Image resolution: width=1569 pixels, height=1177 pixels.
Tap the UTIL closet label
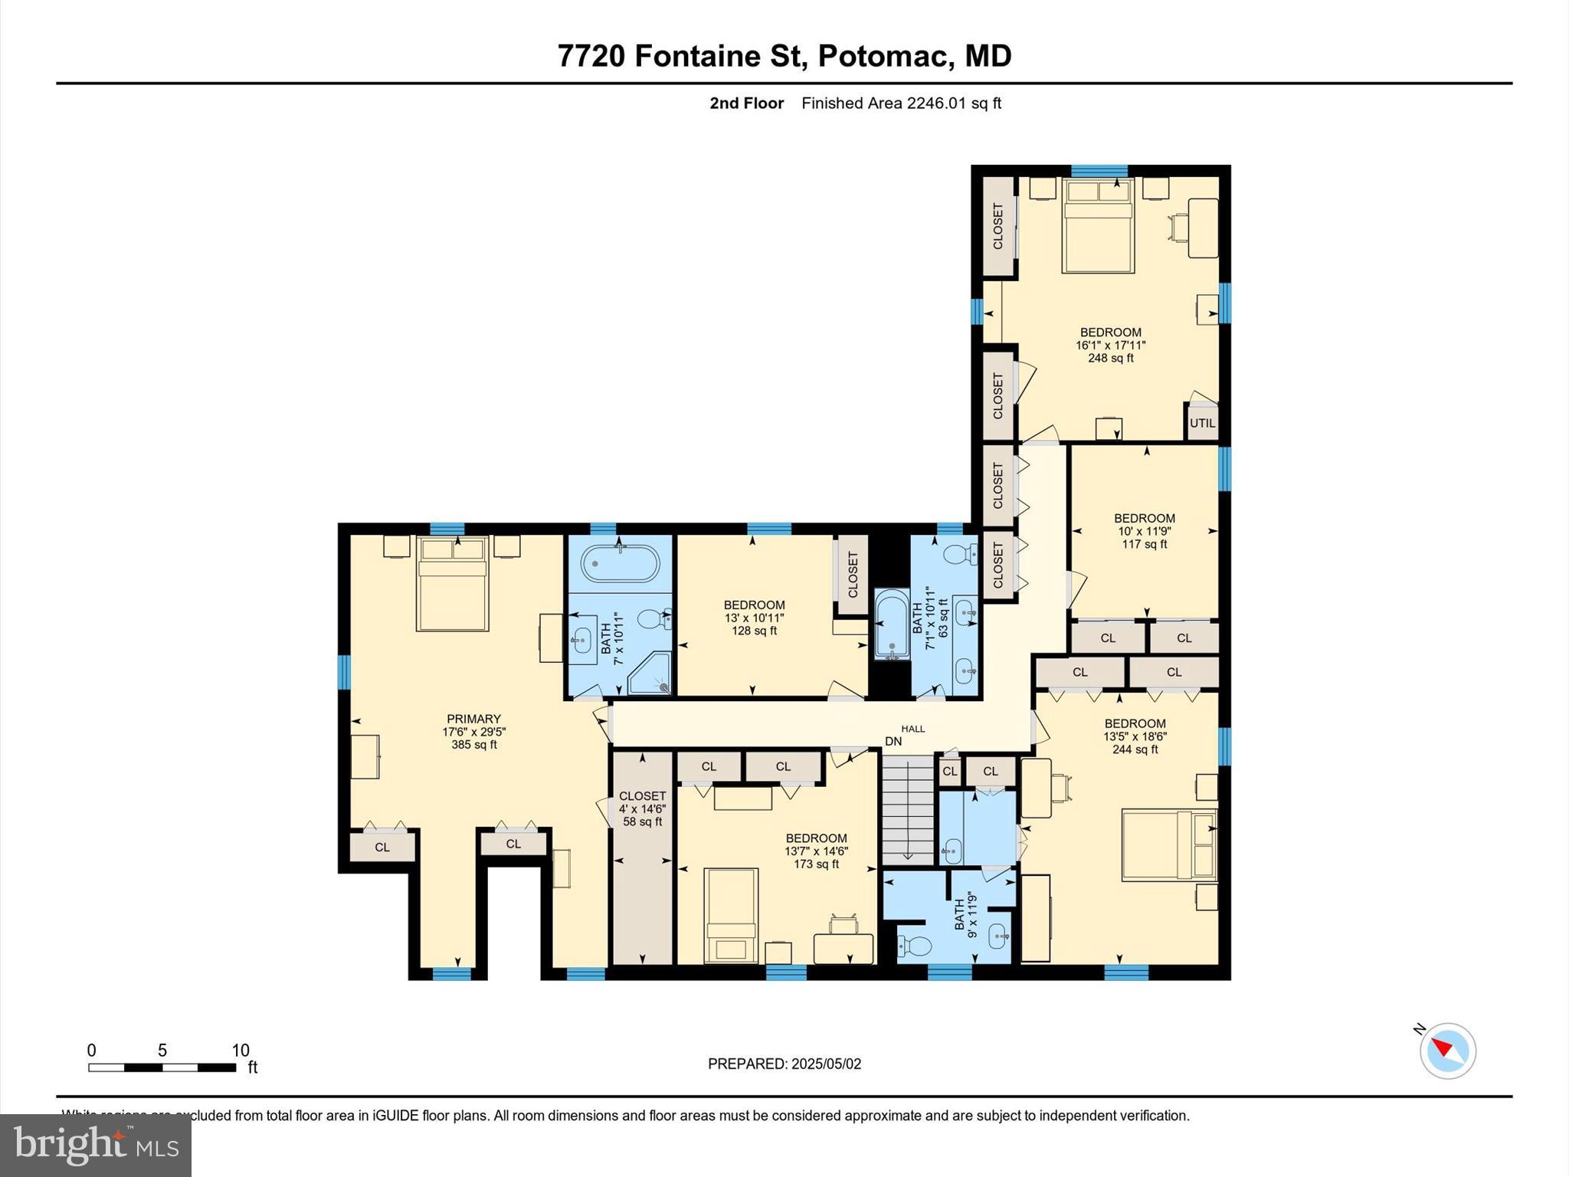click(x=1202, y=423)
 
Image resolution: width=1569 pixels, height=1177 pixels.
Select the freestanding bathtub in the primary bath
click(x=620, y=565)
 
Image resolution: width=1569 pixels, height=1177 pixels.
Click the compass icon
click(x=1447, y=1051)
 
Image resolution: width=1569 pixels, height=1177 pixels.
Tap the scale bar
click(x=162, y=1067)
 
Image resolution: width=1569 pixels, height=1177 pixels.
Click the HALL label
click(x=912, y=729)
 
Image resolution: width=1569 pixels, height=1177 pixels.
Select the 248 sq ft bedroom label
click(x=1110, y=345)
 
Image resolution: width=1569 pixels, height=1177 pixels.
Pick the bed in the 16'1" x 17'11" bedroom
click(x=1097, y=227)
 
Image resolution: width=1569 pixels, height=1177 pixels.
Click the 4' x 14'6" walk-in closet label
click(x=642, y=808)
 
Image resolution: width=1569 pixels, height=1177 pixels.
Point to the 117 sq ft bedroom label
click(x=1144, y=531)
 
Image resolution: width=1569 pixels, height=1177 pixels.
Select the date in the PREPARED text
click(x=826, y=1064)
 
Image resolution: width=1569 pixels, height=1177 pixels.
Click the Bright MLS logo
click(x=96, y=1145)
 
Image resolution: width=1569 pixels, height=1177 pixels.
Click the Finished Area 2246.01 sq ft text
click(x=901, y=103)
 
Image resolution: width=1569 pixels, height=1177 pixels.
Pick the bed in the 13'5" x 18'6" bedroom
click(x=1168, y=845)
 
